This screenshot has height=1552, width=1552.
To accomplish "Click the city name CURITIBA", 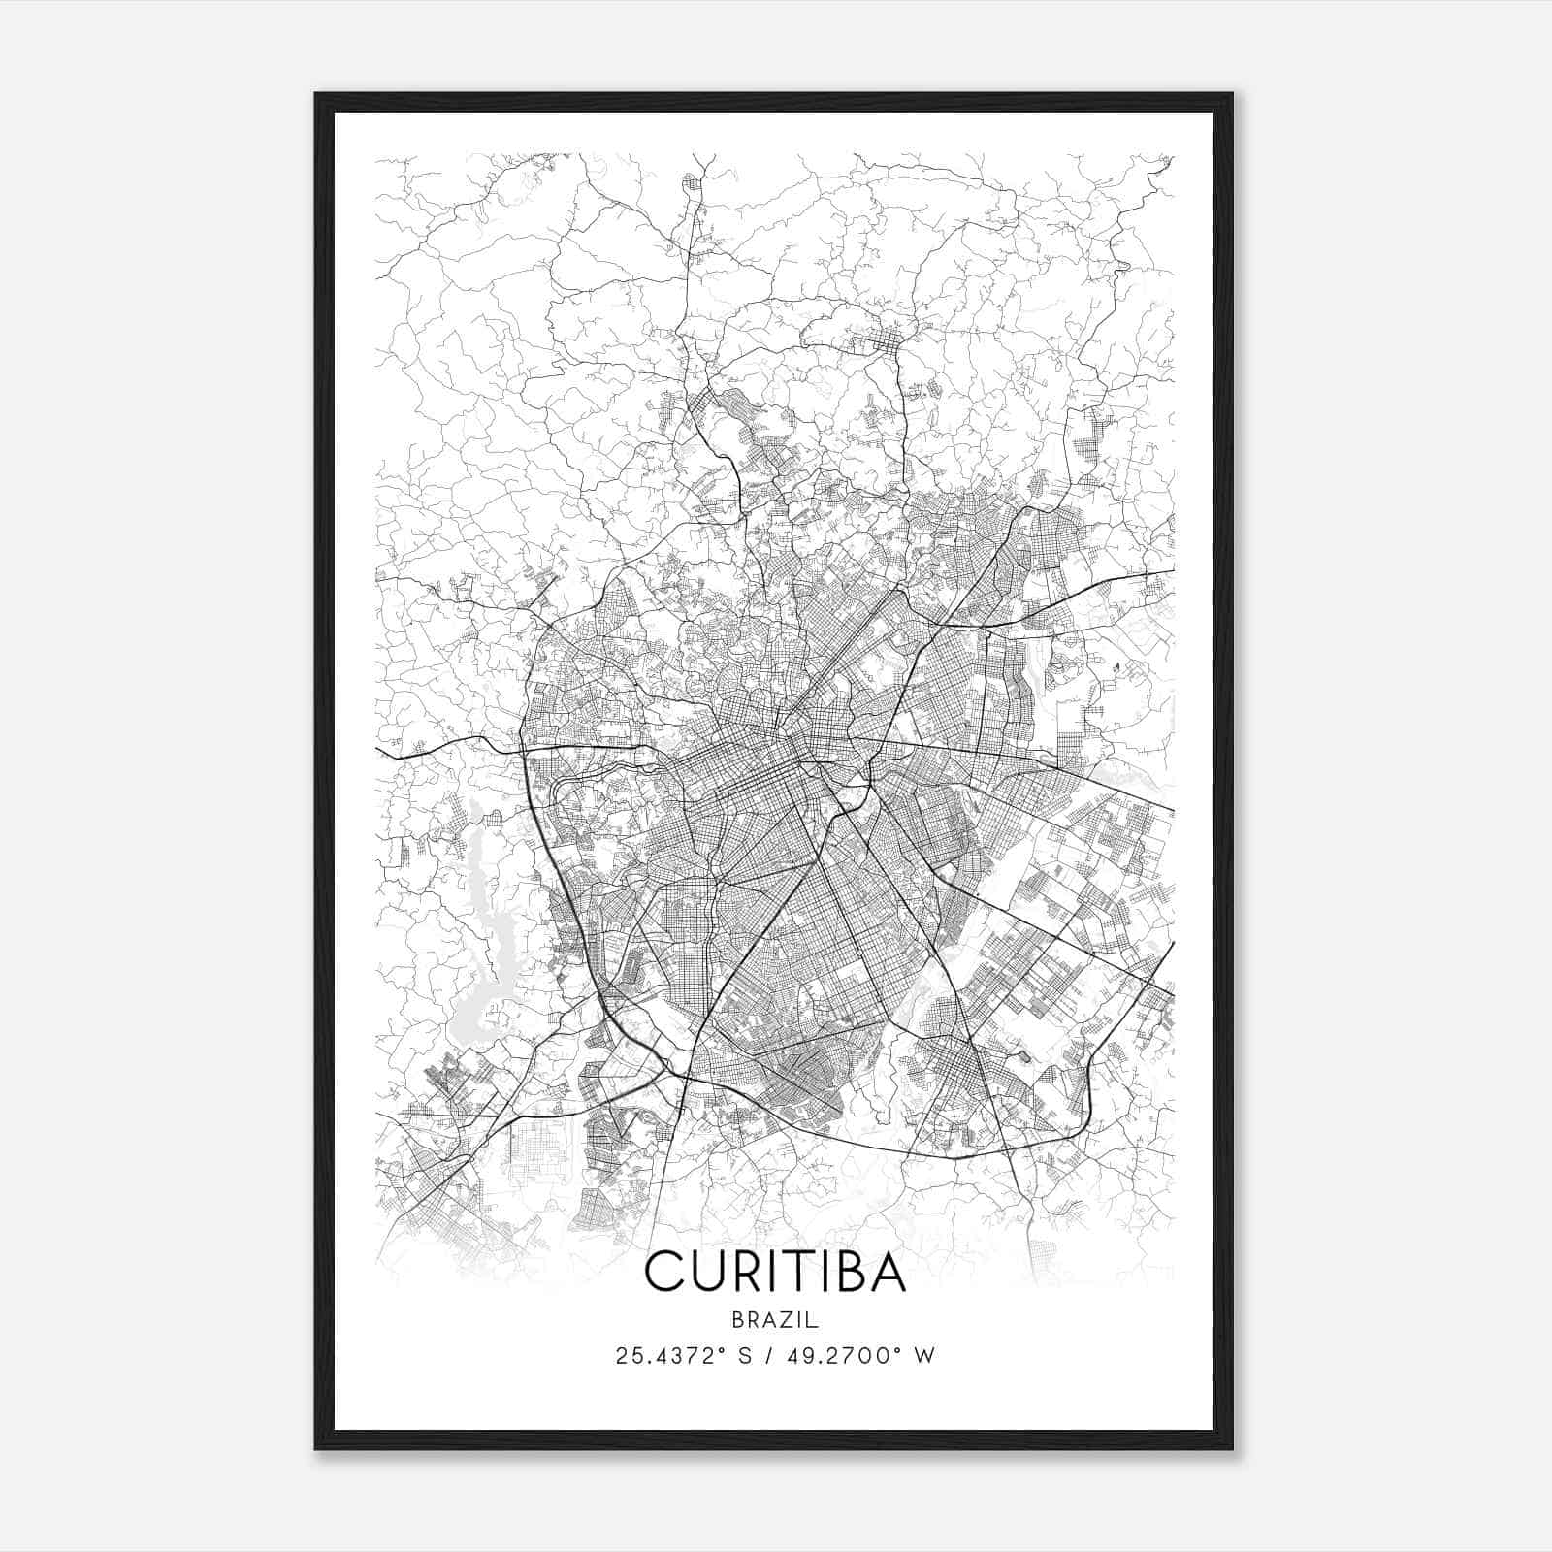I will pos(775,1272).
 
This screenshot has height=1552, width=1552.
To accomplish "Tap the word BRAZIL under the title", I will pos(775,1320).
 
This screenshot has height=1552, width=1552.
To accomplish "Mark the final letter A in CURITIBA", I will pos(889,1272).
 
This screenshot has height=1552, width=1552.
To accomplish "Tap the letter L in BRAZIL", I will pos(815,1320).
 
